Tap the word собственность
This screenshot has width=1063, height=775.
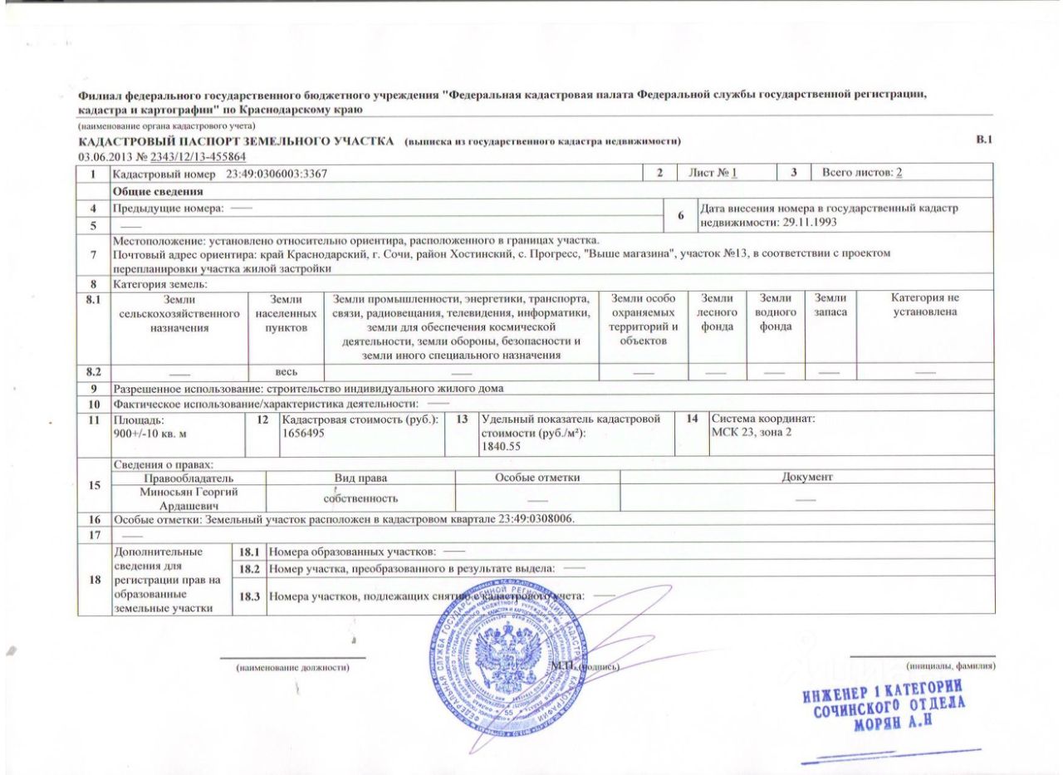pyautogui.click(x=360, y=498)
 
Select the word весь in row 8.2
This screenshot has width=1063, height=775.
pyautogui.click(x=287, y=370)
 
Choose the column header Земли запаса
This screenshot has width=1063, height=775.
pyautogui.click(x=830, y=306)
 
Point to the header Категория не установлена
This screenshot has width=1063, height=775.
pyautogui.click(x=924, y=305)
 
